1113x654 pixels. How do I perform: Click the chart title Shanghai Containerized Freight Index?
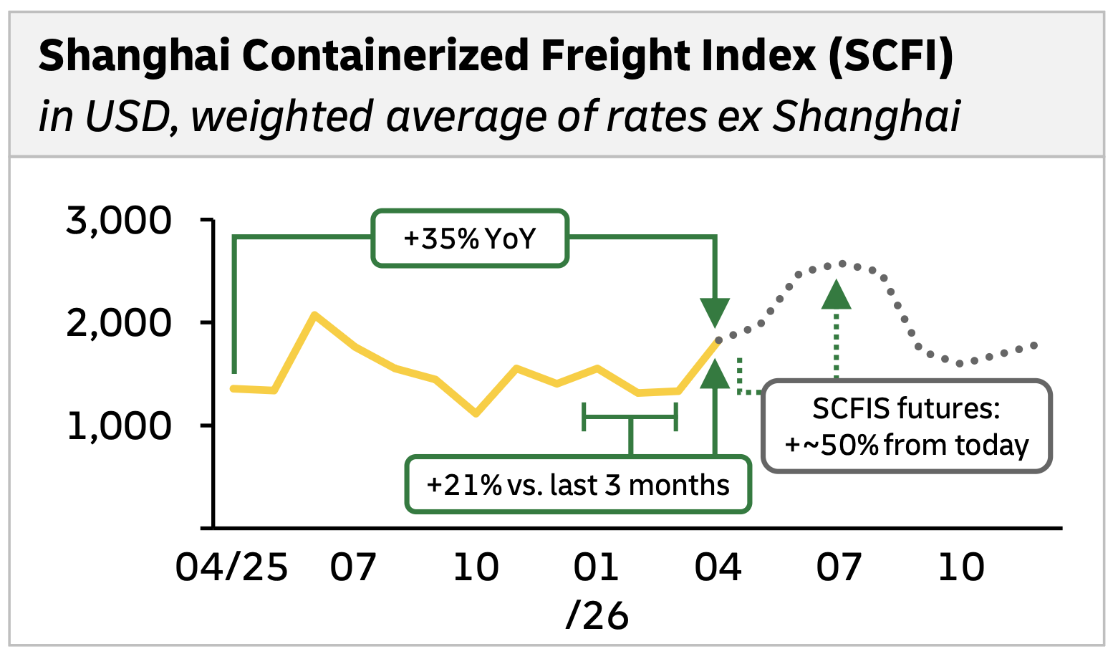tap(496, 56)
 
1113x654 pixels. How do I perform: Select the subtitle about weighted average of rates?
tap(498, 116)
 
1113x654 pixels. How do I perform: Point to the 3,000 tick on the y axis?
tap(119, 220)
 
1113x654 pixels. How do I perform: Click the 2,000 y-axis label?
tap(119, 323)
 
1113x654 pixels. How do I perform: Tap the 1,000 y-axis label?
tap(119, 426)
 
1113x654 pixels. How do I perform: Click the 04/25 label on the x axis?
tap(231, 567)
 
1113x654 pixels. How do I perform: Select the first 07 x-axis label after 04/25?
tap(353, 567)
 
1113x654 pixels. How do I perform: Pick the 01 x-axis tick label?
tap(596, 567)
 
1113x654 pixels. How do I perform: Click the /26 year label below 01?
tap(597, 615)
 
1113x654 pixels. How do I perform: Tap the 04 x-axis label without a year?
tap(718, 567)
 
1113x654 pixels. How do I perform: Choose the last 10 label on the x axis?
tap(961, 567)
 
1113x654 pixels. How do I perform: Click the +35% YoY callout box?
tap(470, 239)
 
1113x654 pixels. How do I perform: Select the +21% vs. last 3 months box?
tap(578, 485)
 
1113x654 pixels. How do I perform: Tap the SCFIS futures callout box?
tap(906, 427)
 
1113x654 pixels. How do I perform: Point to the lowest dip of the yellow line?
tap(476, 413)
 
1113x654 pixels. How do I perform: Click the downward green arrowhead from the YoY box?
tap(715, 313)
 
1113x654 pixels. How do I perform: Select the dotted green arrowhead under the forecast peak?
tap(836, 295)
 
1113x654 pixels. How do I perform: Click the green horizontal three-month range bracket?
tap(630, 417)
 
